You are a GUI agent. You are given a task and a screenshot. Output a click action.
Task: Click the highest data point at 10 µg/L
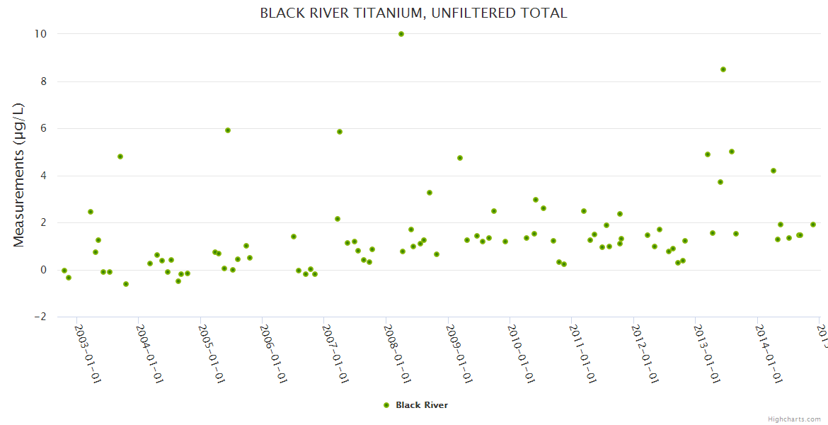[401, 34]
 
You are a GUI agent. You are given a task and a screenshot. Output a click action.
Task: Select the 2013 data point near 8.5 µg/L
[723, 69]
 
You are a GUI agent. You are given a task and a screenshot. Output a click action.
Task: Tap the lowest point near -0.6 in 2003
[126, 284]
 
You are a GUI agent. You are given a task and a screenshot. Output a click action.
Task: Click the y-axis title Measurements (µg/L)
[19, 174]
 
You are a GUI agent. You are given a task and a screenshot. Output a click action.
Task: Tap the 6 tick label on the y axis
[43, 128]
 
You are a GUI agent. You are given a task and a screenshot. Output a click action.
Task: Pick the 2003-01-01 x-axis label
[89, 354]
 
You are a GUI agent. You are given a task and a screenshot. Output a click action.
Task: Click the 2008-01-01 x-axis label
[398, 354]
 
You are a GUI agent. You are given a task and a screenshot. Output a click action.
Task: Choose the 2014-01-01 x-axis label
[769, 354]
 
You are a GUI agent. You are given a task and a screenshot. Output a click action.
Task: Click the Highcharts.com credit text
[795, 419]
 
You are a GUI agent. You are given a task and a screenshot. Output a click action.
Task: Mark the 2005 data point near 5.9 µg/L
[228, 130]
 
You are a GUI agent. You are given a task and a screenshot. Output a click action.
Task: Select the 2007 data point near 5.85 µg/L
[340, 132]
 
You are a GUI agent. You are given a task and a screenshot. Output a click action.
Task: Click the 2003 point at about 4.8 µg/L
[120, 157]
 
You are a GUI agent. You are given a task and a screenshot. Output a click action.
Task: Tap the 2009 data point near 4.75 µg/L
[460, 158]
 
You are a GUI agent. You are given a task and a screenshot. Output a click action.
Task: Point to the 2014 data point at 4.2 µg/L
[774, 171]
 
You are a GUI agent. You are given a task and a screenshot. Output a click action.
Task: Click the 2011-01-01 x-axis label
[584, 354]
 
